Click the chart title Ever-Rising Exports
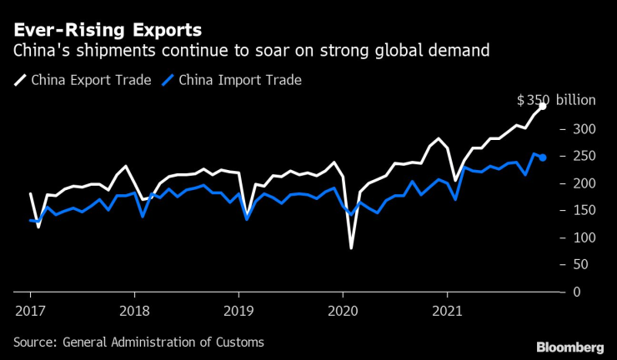(x=107, y=29)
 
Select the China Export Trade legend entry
(x=84, y=80)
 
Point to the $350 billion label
(x=556, y=100)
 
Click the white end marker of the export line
(x=543, y=106)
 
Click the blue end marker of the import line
(x=543, y=157)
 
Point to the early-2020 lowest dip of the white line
(x=351, y=247)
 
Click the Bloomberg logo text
(x=569, y=345)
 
